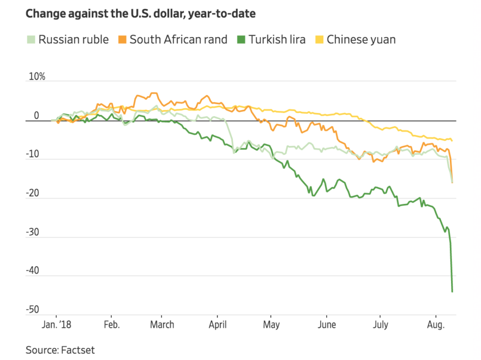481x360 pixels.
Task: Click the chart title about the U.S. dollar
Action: tap(141, 14)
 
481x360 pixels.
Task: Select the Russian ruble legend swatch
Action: tap(31, 39)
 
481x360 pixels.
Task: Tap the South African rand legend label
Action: tap(178, 40)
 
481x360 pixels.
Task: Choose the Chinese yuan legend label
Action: tap(361, 40)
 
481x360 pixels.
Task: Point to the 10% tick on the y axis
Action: tap(37, 77)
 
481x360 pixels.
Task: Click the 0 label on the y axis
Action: tap(37, 116)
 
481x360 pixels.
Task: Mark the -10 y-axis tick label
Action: tap(33, 154)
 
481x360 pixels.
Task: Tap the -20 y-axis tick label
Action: tap(33, 193)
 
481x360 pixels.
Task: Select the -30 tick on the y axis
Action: tap(33, 232)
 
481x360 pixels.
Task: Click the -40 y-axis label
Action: tap(33, 271)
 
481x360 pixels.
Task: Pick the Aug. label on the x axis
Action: tap(435, 325)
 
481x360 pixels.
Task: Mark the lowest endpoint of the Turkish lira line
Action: tap(452, 292)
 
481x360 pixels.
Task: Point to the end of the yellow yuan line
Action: tap(452, 141)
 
